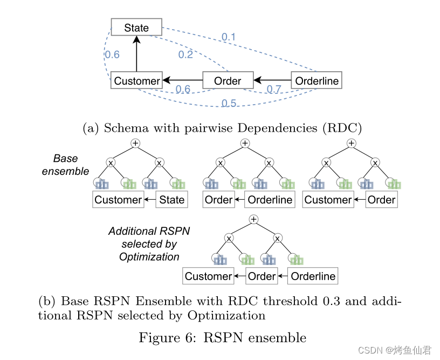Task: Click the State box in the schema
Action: [x=136, y=28]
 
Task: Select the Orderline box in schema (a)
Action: [x=317, y=81]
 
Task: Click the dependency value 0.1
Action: [x=229, y=37]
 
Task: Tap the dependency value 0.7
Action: [x=274, y=90]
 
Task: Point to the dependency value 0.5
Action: [x=229, y=103]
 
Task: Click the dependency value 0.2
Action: [x=185, y=55]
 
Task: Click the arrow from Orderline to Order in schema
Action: [x=272, y=81]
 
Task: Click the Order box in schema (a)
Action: [x=227, y=81]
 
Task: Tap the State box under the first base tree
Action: [x=172, y=200]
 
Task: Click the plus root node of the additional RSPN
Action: [x=253, y=219]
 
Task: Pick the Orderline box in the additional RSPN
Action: [x=313, y=276]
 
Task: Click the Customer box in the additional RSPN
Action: [x=208, y=276]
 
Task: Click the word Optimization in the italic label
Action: [x=149, y=256]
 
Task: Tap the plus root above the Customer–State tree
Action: [x=136, y=143]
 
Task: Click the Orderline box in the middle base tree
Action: [x=270, y=200]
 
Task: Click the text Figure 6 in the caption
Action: [x=164, y=338]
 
